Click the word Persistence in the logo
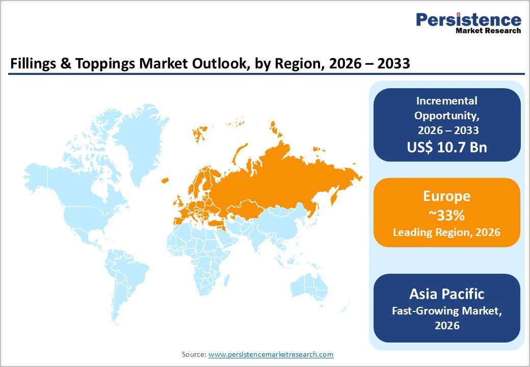[x=469, y=20]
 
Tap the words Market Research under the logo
[x=488, y=31]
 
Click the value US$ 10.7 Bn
[x=446, y=147]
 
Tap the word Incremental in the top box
[x=446, y=101]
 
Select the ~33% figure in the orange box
[x=446, y=215]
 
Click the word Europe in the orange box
[x=446, y=196]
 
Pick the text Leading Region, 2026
[x=446, y=232]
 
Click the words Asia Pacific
[x=446, y=294]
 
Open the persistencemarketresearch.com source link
[x=271, y=354]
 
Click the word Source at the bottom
[x=194, y=354]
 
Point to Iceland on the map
[x=165, y=180]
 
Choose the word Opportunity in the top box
[x=446, y=116]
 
